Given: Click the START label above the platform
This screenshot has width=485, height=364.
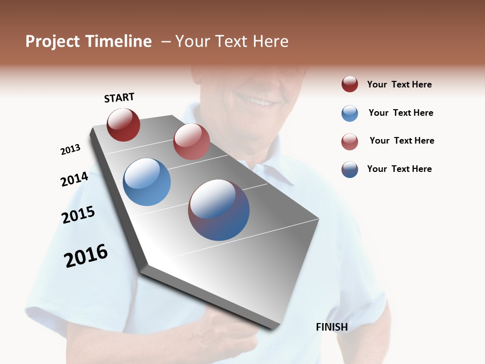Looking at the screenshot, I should click(119, 98).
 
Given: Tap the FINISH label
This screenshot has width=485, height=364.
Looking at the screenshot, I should click(331, 327).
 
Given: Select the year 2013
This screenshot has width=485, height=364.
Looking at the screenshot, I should click(70, 149).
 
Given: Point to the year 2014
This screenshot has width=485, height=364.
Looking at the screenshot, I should click(74, 179).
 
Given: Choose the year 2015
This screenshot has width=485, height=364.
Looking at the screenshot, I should click(78, 215).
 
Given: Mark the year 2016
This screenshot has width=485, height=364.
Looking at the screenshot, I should click(86, 255).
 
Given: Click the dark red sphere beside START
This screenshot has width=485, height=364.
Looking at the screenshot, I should click(123, 125).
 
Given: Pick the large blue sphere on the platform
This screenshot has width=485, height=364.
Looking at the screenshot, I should click(147, 182).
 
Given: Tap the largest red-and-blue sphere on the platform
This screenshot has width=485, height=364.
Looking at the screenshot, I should click(219, 210).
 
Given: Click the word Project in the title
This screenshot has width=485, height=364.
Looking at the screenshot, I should click(53, 41).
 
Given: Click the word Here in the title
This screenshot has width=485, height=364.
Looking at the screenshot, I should click(270, 41).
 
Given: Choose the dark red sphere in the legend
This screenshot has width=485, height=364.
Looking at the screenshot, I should click(350, 84).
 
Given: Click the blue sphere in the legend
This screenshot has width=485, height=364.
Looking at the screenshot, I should click(350, 113).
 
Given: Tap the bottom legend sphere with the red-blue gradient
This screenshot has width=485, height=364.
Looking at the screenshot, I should click(350, 169).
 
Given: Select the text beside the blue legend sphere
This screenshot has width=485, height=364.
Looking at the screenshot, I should click(401, 113).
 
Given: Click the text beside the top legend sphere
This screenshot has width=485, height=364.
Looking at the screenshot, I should click(399, 84).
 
